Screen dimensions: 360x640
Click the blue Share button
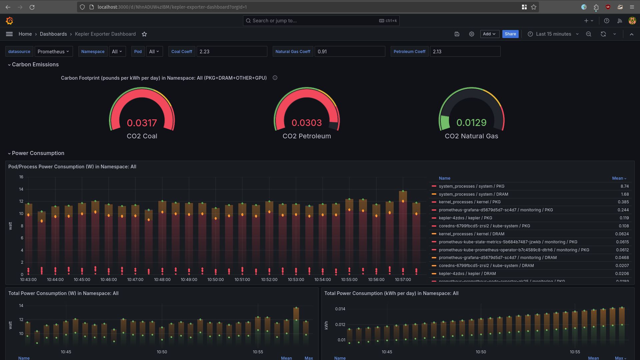coord(510,34)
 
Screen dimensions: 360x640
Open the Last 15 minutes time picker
coord(553,34)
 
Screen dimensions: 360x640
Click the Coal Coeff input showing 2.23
coord(231,52)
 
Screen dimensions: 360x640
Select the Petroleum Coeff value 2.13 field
coord(465,52)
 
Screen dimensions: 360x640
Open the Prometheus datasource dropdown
coord(53,52)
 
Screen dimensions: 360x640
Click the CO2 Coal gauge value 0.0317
coord(142,123)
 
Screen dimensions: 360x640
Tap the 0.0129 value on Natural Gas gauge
coord(471,123)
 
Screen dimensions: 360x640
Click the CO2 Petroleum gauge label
coord(307,136)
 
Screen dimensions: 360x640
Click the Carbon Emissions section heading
coord(35,65)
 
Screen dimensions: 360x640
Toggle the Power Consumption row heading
coord(38,153)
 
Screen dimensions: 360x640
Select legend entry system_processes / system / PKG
coord(471,186)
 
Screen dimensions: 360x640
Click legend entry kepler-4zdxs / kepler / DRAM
coord(467,274)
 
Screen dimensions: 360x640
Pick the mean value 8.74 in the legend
coord(624,186)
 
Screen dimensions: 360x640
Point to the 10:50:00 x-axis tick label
coord(215,280)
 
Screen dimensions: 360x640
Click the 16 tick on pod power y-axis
coord(21,177)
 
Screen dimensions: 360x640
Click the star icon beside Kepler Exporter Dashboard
coord(144,34)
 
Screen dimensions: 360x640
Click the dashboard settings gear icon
coord(471,34)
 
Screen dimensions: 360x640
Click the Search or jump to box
coord(321,21)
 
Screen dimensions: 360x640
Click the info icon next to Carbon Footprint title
coord(275,78)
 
